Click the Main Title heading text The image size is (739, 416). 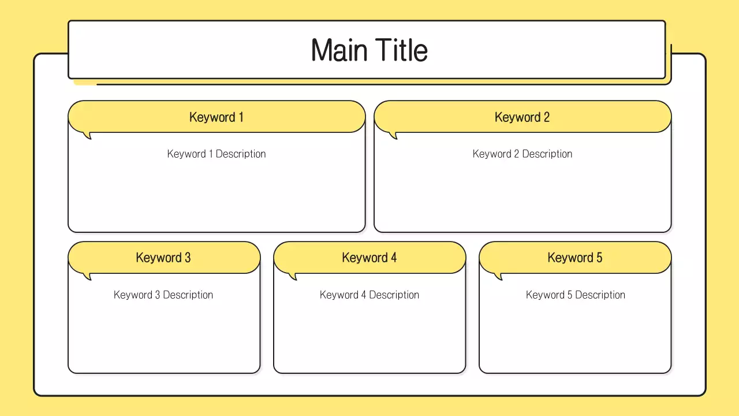(x=369, y=50)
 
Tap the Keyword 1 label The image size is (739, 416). (x=217, y=117)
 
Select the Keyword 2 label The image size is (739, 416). (x=522, y=117)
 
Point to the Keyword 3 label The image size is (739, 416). (x=163, y=258)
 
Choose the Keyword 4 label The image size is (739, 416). (x=369, y=258)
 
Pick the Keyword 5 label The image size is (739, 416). (x=575, y=258)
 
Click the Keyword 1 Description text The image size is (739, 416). (x=217, y=154)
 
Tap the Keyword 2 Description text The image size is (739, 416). (x=522, y=154)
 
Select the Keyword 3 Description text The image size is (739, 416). (x=163, y=295)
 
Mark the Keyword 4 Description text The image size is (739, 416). (x=369, y=295)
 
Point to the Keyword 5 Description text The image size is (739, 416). (x=576, y=295)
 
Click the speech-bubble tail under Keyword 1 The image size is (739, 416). (x=88, y=135)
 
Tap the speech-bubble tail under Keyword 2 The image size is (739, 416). (x=394, y=135)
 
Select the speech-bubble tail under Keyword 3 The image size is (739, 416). (x=88, y=276)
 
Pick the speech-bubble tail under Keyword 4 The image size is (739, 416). (x=293, y=276)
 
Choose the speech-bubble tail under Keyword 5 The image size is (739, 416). (x=499, y=276)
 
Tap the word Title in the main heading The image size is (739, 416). (x=401, y=50)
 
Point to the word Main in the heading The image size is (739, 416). (x=340, y=50)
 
